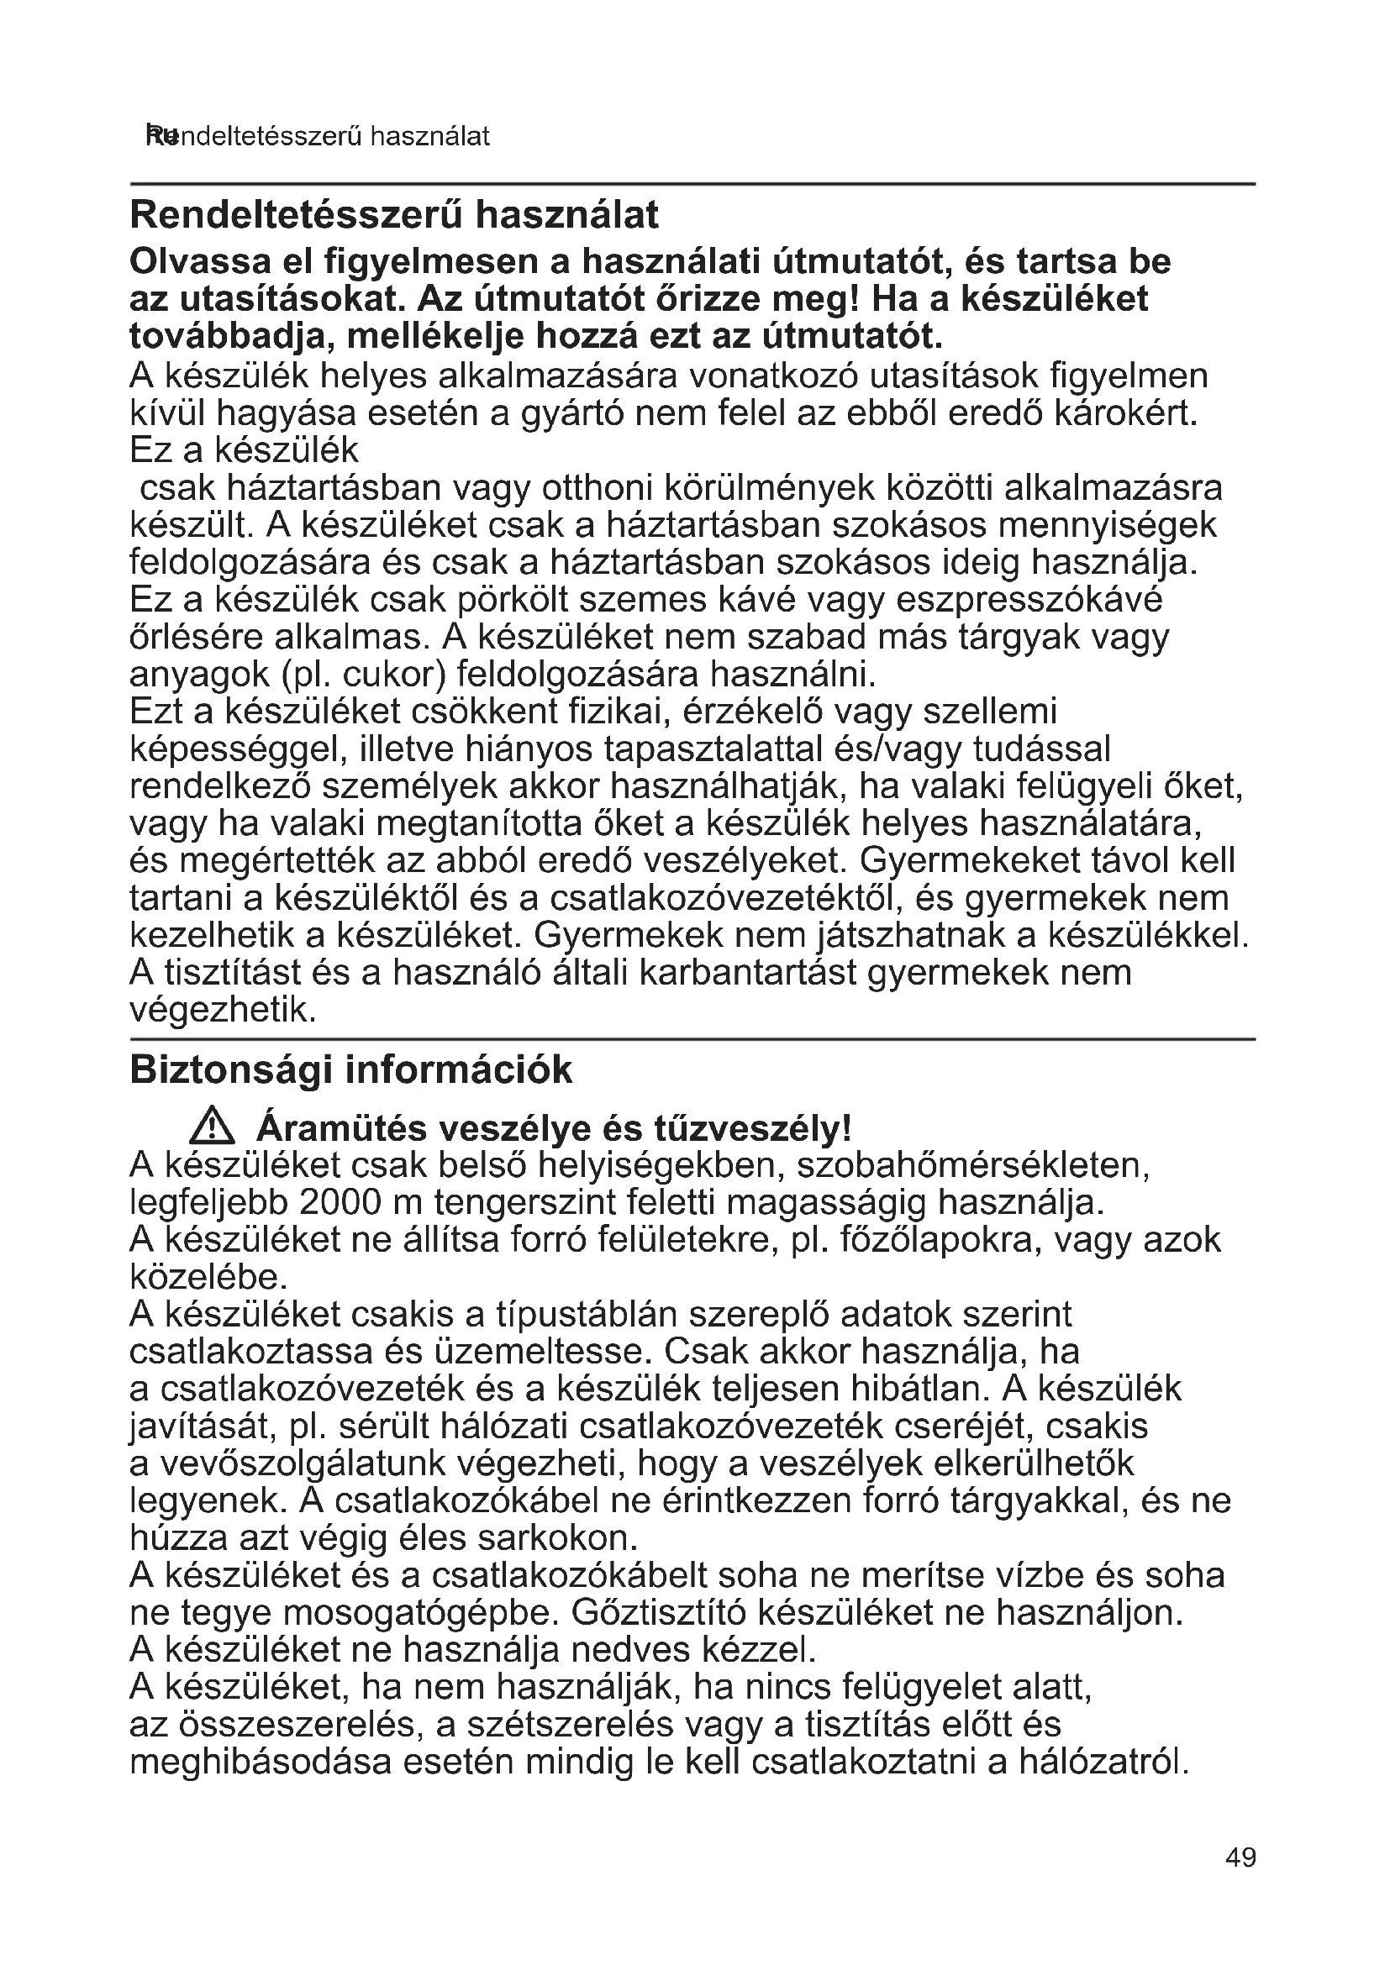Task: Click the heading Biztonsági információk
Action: [351, 1069]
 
